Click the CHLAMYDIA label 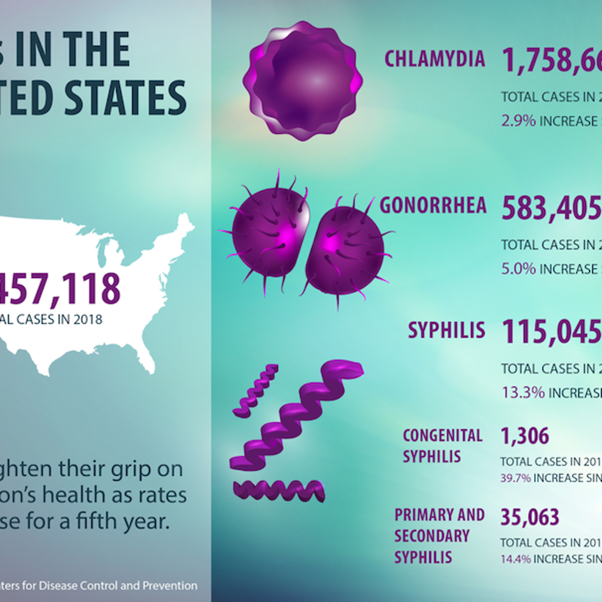click(x=434, y=59)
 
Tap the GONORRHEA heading click(x=433, y=206)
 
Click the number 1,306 click(x=525, y=436)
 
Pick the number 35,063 click(x=530, y=517)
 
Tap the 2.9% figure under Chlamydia click(x=518, y=121)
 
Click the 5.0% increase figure click(x=518, y=269)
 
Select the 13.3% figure click(x=523, y=392)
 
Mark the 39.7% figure click(x=515, y=478)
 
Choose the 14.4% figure click(x=515, y=559)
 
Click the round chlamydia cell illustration click(x=303, y=80)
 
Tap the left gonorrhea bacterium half click(x=268, y=233)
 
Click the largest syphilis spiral click(x=296, y=414)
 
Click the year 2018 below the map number click(x=88, y=320)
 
